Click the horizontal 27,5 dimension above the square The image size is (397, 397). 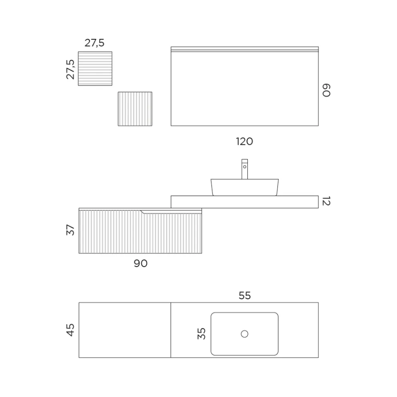point(95,43)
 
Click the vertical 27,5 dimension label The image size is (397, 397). point(71,69)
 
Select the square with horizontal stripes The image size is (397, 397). point(95,69)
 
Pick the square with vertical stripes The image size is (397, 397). point(135,109)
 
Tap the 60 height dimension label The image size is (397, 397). point(326,90)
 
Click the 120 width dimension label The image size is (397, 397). point(244,142)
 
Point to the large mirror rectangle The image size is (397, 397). point(245,86)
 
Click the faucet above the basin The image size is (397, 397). point(245,169)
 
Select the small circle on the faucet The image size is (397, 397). point(245,167)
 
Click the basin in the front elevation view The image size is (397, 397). point(245,187)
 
